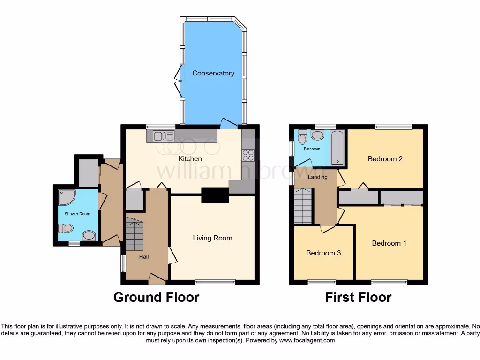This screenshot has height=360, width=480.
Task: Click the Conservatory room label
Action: [213, 73]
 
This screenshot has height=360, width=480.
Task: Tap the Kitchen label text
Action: [190, 158]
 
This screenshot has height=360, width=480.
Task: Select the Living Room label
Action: [212, 238]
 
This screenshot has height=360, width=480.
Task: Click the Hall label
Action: [143, 257]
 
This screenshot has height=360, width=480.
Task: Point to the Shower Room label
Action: [77, 214]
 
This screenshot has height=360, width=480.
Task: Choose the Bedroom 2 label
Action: [385, 158]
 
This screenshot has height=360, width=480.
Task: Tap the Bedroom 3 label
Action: [323, 253]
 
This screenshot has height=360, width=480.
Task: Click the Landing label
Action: [317, 177]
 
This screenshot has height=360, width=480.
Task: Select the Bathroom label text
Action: [312, 149]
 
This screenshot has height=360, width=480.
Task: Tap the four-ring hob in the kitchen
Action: [247, 155]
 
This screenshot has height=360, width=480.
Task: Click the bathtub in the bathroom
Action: [337, 148]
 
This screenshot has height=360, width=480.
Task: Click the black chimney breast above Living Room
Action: [211, 195]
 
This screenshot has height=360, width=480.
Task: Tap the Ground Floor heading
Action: [156, 297]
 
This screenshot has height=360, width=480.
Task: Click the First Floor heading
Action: [359, 297]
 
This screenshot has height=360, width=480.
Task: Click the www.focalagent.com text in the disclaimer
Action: [307, 340]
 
